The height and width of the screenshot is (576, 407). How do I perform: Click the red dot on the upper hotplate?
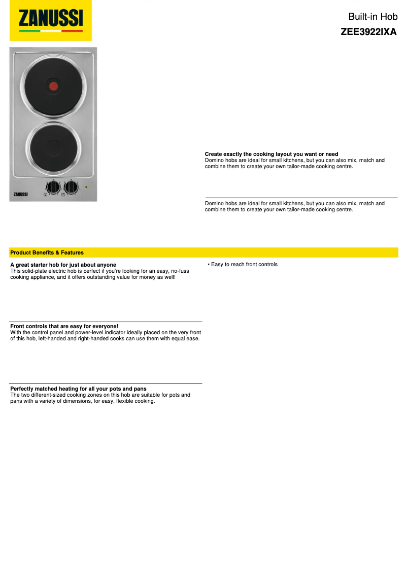[54, 86]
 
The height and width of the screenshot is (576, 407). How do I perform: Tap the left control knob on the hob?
[53, 186]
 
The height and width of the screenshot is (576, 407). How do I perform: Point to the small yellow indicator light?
[87, 187]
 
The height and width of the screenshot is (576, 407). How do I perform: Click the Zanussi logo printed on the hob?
[20, 193]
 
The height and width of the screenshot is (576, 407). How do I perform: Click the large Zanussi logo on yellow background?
[51, 20]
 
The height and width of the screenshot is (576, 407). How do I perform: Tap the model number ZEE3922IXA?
[368, 31]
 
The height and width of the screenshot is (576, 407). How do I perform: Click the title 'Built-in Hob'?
[373, 17]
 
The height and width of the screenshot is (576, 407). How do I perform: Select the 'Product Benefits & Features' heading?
[47, 252]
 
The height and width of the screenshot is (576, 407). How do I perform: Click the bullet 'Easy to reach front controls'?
[244, 265]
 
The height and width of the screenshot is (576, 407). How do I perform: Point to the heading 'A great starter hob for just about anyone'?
[63, 265]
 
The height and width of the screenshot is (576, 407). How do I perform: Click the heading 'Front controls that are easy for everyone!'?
[64, 326]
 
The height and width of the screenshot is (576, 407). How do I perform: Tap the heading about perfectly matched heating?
[78, 389]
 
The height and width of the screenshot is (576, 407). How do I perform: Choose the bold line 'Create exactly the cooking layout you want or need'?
[272, 154]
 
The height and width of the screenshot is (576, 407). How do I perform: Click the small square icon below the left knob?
[46, 195]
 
